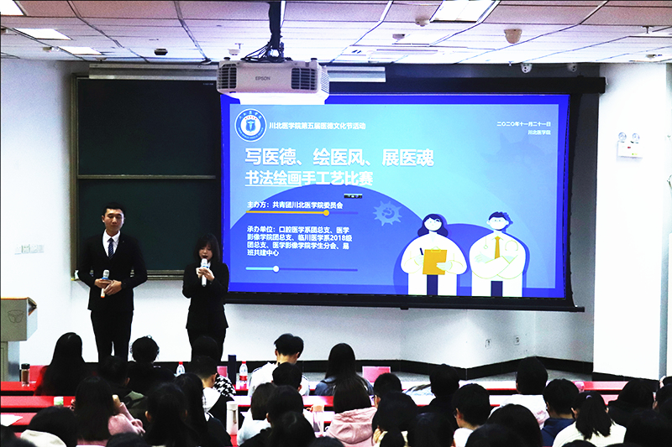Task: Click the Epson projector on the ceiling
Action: [273, 81]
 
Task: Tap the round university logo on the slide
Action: [250, 124]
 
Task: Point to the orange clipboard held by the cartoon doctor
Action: [434, 262]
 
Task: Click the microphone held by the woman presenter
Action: [203, 267]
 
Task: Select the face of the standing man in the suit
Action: [113, 219]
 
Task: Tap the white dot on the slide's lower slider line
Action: [276, 269]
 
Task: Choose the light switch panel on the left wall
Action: [29, 249]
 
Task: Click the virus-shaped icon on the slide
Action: [387, 214]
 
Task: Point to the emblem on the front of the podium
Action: [15, 316]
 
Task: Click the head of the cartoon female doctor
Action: [433, 225]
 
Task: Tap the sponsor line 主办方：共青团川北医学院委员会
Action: [299, 204]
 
